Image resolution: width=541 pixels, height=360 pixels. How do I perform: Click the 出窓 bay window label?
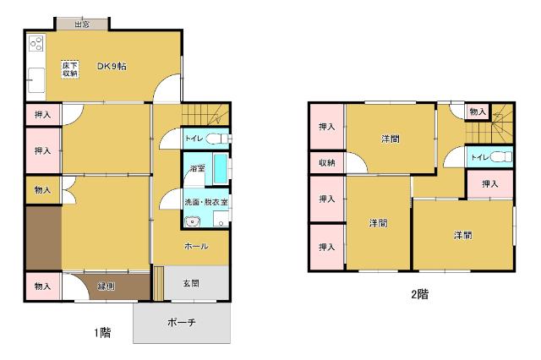[x=82, y=25]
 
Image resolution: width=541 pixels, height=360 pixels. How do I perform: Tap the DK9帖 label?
[x=111, y=67]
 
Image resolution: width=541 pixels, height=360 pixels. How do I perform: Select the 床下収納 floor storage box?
[x=69, y=69]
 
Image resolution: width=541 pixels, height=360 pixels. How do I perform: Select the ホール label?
[x=196, y=246]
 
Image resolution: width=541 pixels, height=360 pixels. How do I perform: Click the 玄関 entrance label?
[x=192, y=284]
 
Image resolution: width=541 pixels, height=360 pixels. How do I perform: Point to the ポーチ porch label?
[x=182, y=323]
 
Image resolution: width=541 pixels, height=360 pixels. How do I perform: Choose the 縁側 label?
[x=107, y=287]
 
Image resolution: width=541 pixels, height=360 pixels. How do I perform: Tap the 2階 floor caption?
[x=420, y=295]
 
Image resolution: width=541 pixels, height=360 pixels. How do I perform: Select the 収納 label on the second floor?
[x=326, y=163]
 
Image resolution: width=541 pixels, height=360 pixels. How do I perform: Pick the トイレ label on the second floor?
[x=478, y=156]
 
